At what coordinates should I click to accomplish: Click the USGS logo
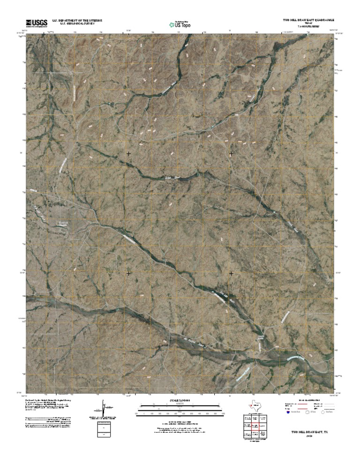(x=37, y=23)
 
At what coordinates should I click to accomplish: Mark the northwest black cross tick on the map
(x=128, y=154)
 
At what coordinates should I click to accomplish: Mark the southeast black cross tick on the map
(x=231, y=273)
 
